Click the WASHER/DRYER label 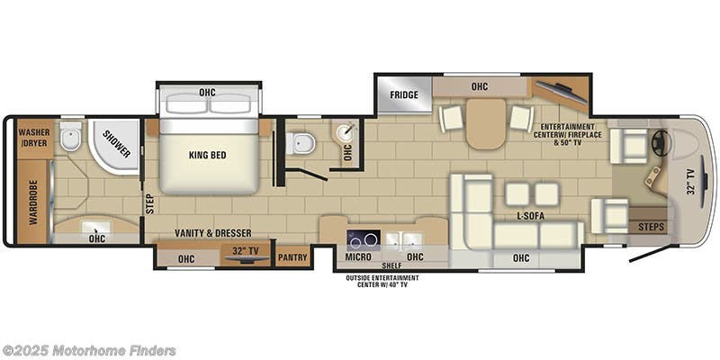click(x=34, y=138)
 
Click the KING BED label click(x=207, y=155)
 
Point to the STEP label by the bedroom click(x=148, y=204)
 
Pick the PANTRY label click(x=293, y=257)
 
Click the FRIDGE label click(x=402, y=95)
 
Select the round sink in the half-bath click(x=344, y=132)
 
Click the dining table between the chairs click(x=486, y=123)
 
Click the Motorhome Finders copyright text click(x=89, y=350)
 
